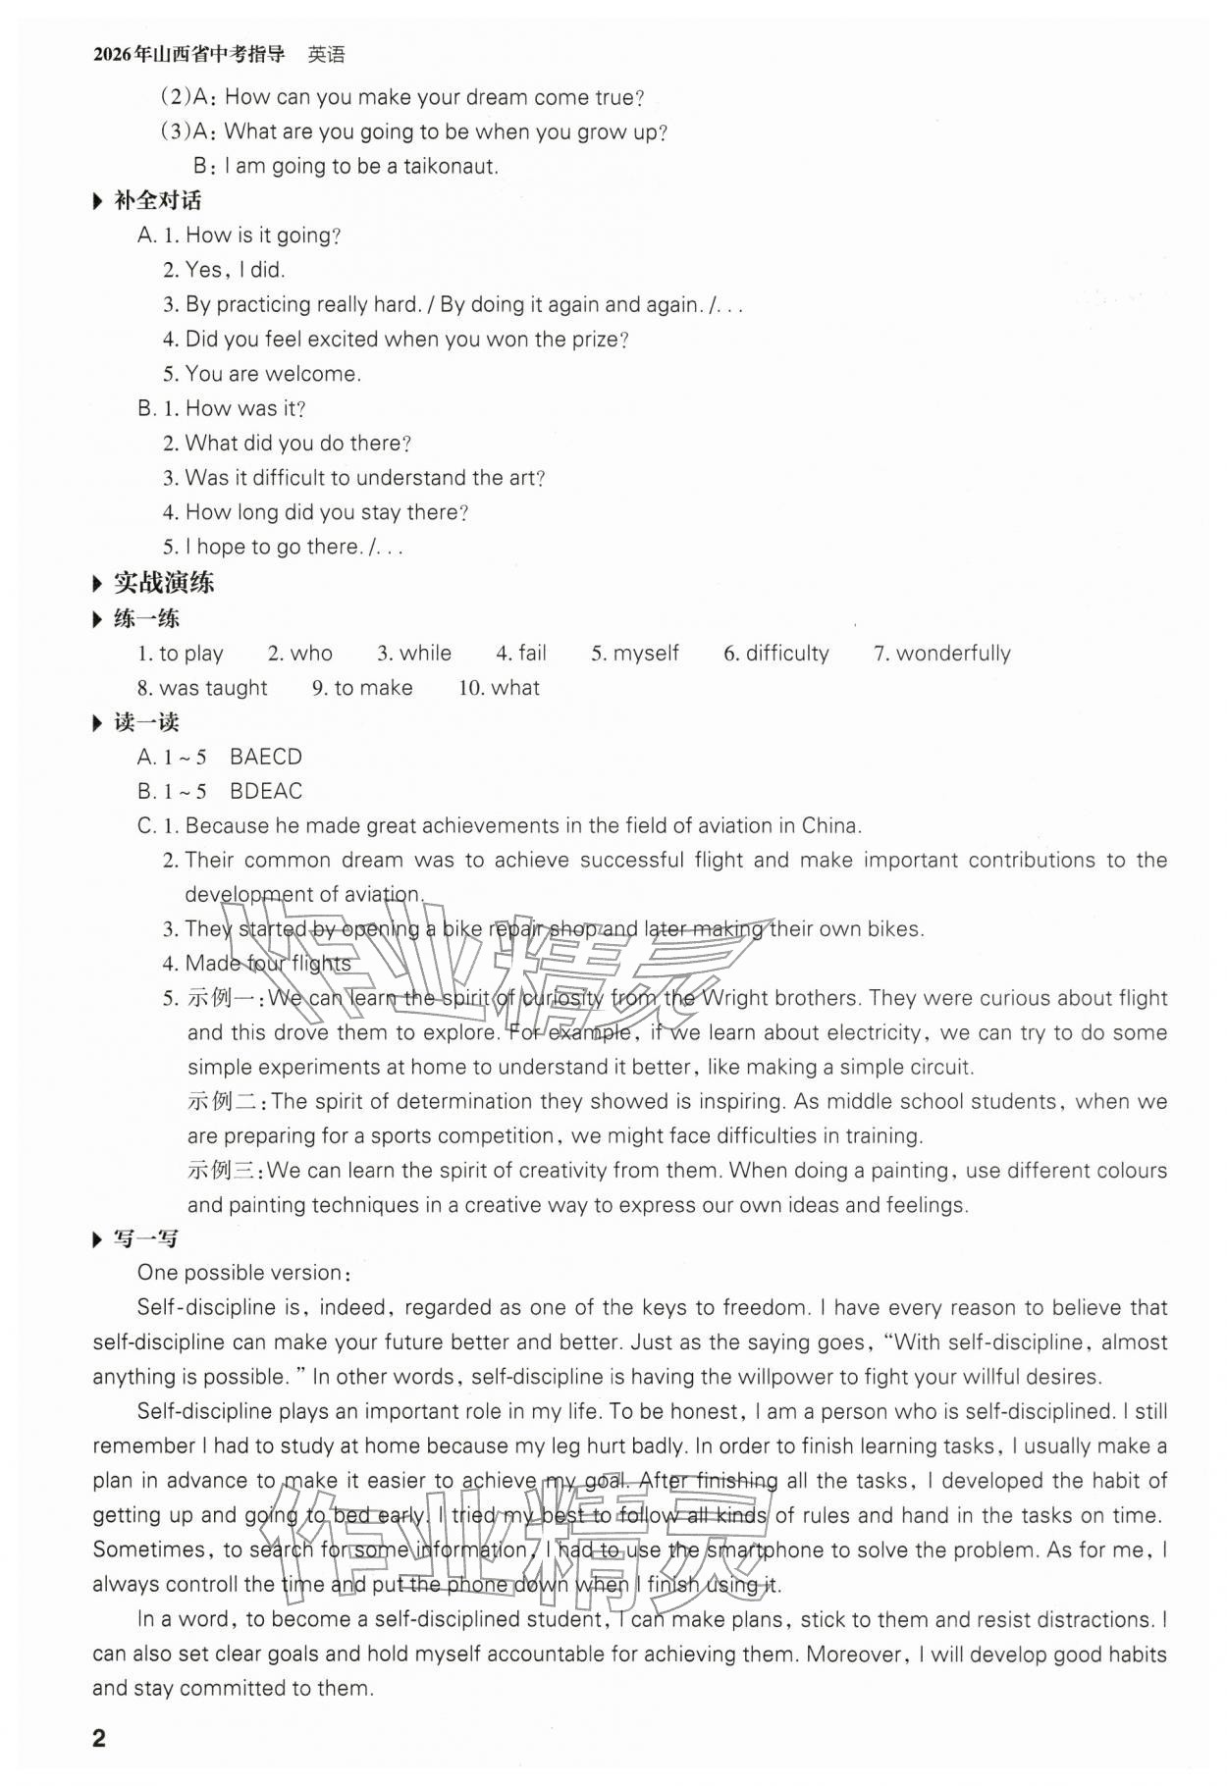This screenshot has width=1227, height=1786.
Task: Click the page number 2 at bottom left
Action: (98, 1739)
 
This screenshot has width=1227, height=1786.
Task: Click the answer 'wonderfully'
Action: (952, 654)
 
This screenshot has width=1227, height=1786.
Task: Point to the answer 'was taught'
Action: (213, 688)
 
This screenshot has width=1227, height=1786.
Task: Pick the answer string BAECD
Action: (265, 757)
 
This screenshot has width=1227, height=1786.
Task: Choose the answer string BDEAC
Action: (265, 791)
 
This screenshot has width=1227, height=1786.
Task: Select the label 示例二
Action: (225, 1101)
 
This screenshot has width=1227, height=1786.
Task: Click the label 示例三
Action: (225, 1171)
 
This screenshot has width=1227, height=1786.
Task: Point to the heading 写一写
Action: (145, 1238)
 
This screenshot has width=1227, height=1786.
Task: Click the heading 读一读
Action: (145, 722)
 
